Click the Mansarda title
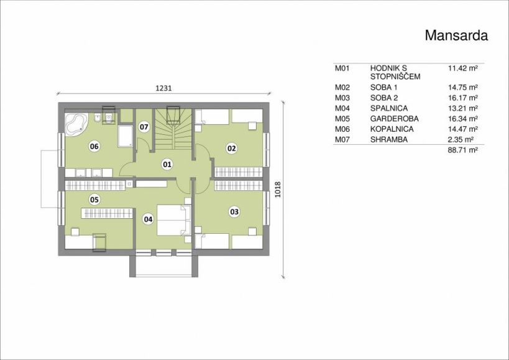pos(456,35)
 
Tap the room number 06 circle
pos(94,146)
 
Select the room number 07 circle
pos(144,127)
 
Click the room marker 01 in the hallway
pos(167,165)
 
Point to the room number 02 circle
pos(231,149)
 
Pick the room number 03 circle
pos(234,212)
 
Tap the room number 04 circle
pos(148,219)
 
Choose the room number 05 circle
pos(94,200)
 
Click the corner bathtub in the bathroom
pos(76,124)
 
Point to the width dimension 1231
pos(163,88)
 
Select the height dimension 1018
pos(278,190)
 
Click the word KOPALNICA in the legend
pos(392,129)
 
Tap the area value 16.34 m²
pos(463,119)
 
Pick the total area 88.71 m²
pos(463,150)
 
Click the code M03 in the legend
pos(342,98)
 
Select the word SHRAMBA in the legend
pos(389,139)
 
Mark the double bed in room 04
pos(173,219)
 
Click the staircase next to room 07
pos(173,129)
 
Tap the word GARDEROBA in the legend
pos(395,119)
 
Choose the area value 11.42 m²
pos(463,68)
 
